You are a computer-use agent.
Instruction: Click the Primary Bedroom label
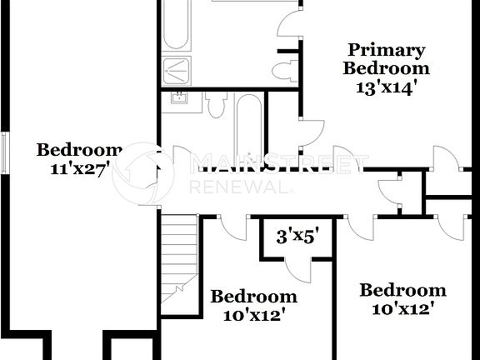click(387, 59)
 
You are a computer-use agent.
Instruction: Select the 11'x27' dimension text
click(81, 167)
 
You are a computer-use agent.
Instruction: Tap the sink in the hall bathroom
click(178, 97)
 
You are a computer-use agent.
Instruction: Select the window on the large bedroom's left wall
click(7, 152)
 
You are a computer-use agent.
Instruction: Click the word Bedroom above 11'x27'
click(79, 150)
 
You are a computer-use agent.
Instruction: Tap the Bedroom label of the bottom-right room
click(402, 290)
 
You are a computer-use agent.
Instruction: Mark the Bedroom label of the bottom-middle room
click(253, 296)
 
